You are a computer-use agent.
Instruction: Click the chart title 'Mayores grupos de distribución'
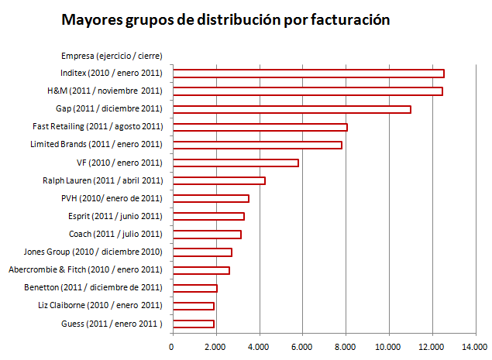(225, 19)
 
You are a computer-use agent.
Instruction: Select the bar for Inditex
(308, 74)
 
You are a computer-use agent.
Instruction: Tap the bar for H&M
(307, 91)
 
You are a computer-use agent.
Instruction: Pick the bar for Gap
(291, 109)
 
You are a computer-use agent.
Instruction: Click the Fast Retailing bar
(260, 127)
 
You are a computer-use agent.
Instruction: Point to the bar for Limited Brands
(256, 145)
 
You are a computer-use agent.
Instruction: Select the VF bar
(235, 163)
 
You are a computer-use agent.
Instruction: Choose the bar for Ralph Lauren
(218, 180)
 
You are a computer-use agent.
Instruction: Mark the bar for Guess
(193, 324)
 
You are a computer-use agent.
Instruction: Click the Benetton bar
(194, 288)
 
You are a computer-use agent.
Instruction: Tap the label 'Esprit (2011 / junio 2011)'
(115, 216)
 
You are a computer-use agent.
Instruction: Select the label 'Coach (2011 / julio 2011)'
(117, 234)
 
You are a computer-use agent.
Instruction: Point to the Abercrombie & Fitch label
(85, 269)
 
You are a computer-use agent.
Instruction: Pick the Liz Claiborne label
(100, 305)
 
